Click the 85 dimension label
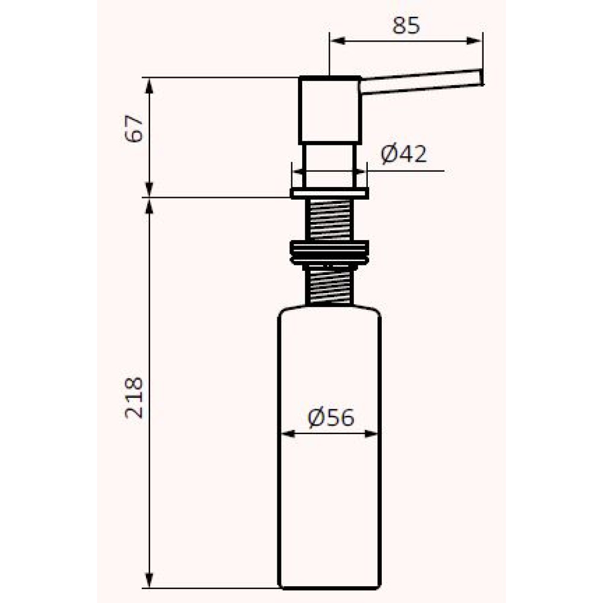[406, 26]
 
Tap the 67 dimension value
[134, 128]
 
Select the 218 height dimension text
[134, 397]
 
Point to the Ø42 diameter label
[404, 154]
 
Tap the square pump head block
[330, 110]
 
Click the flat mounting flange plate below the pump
[330, 193]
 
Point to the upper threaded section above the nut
[330, 219]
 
